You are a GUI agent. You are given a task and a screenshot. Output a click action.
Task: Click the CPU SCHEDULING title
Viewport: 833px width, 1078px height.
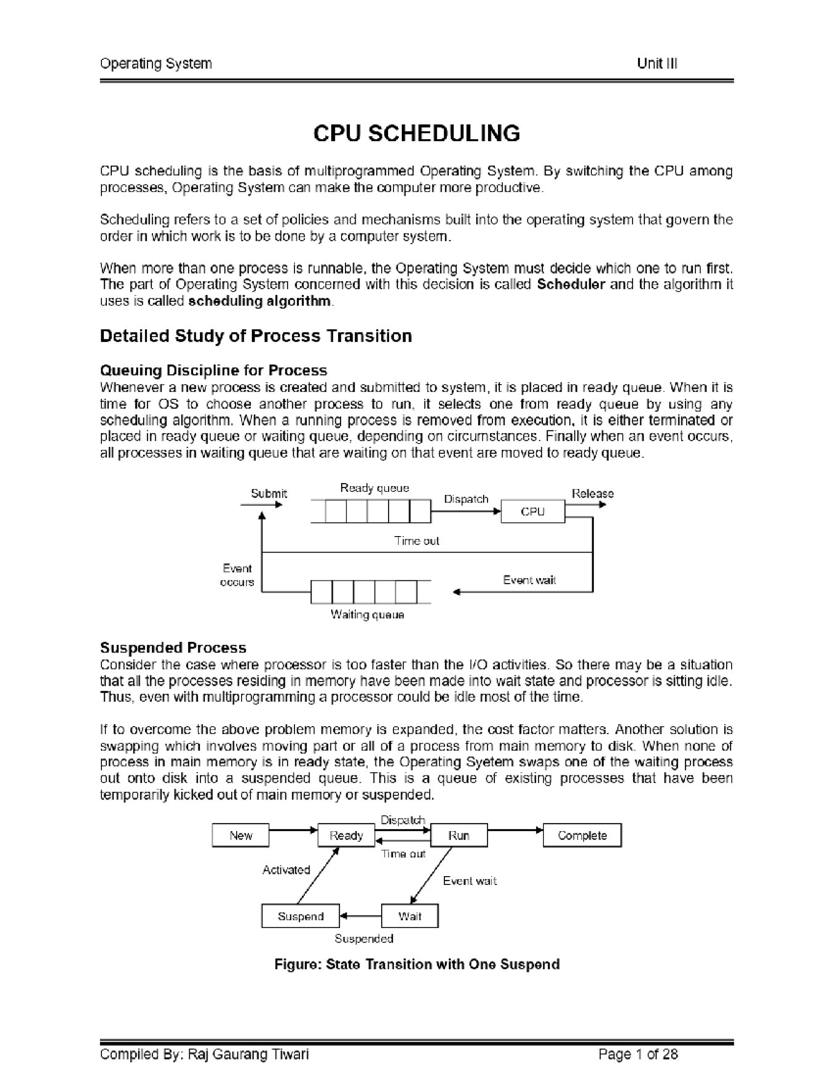coord(416,133)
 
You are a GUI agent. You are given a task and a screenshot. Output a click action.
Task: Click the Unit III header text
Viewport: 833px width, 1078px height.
coord(657,64)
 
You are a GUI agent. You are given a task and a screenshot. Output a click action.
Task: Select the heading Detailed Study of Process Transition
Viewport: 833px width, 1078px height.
coord(255,336)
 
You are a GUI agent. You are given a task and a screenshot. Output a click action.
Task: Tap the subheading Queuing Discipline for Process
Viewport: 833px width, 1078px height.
coord(213,370)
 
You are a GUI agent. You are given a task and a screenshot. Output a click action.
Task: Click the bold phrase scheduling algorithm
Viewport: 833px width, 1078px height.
coord(260,301)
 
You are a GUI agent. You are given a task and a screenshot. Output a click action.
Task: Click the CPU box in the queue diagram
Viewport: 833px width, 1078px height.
coord(532,512)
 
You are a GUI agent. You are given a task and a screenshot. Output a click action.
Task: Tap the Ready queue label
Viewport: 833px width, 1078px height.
coord(374,488)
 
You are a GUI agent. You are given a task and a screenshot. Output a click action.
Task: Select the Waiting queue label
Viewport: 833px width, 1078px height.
coord(367,614)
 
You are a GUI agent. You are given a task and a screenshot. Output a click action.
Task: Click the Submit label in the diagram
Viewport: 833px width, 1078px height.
coord(269,494)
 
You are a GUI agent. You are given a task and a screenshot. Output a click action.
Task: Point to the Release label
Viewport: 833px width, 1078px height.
coord(592,494)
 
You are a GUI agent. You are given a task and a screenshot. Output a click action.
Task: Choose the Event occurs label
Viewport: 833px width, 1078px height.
coord(237,575)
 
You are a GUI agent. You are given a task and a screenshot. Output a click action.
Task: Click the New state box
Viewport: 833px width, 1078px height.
coord(240,836)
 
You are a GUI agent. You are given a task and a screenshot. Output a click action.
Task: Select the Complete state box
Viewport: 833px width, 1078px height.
coord(582,836)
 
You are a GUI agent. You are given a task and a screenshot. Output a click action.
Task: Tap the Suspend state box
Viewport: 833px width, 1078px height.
coord(301,916)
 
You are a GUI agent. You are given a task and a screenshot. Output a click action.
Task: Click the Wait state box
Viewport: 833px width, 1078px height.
coord(410,916)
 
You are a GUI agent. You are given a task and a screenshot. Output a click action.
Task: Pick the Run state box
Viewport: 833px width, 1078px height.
coord(458,836)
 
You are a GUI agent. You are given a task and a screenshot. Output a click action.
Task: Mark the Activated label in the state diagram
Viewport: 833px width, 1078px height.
coord(286,870)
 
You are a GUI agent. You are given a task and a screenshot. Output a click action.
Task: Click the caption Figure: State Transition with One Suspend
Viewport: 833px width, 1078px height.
coord(416,964)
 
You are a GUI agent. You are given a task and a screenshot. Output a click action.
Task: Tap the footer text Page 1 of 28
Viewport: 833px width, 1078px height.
coord(638,1054)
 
